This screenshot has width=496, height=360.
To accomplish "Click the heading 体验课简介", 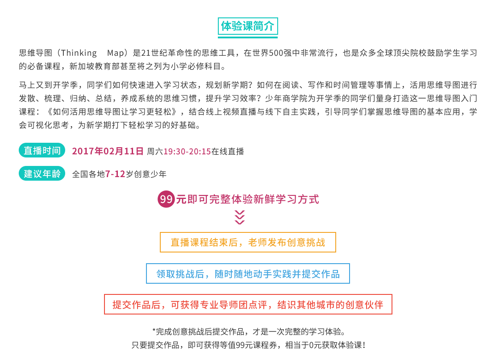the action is [x=248, y=26].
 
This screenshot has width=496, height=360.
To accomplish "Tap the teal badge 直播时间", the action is [x=42, y=150].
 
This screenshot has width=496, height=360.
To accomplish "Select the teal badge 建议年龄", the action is [x=42, y=174].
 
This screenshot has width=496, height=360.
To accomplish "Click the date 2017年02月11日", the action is [x=108, y=151].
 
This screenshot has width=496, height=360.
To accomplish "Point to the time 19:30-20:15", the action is [x=187, y=151].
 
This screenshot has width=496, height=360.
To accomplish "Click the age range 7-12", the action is [x=115, y=174].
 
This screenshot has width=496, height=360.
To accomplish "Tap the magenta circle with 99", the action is [x=166, y=199].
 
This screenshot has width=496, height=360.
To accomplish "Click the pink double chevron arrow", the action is [x=240, y=217].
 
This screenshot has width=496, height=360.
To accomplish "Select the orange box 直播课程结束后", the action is [x=248, y=242].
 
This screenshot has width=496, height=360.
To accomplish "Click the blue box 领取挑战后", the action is [x=248, y=273].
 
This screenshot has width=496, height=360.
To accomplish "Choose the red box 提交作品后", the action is [x=248, y=304].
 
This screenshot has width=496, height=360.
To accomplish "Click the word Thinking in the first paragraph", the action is [x=79, y=53].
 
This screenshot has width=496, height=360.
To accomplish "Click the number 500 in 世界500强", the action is [x=276, y=53].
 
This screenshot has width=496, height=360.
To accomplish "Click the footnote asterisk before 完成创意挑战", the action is [x=154, y=330].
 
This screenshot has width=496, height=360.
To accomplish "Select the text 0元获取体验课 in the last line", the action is [x=335, y=345].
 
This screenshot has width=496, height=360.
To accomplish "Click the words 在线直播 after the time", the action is [x=228, y=151].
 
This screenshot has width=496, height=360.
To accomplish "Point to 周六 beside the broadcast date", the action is [x=155, y=151].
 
